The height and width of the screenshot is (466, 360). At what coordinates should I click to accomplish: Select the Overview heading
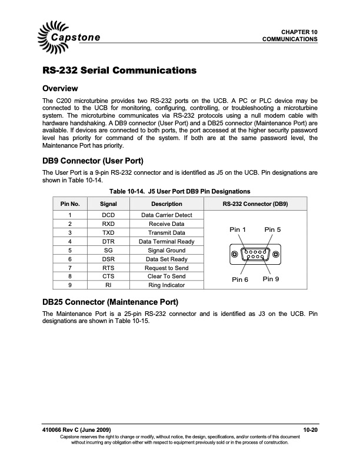click(61, 89)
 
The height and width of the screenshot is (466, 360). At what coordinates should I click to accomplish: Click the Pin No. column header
click(70, 204)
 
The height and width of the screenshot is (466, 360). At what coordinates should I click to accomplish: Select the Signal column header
click(108, 204)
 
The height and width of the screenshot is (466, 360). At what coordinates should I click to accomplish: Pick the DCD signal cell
click(108, 215)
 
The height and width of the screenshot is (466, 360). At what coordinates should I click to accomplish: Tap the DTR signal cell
click(108, 242)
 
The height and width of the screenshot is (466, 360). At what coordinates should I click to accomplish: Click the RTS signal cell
click(108, 268)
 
